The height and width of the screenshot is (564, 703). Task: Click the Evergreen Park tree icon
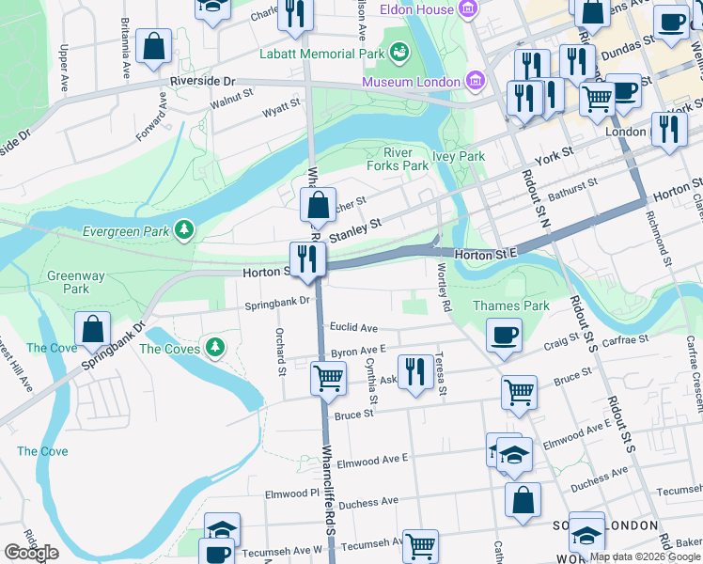[186, 229]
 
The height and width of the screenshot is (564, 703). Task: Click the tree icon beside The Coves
[217, 348]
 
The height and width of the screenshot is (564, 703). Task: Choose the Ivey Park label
[458, 156]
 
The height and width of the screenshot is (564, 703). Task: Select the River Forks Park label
[405, 159]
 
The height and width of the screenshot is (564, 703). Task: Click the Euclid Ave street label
[353, 328]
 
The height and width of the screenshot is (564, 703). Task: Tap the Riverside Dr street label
[202, 82]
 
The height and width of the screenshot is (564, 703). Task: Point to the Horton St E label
[486, 255]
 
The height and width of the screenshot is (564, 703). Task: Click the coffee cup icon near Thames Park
[505, 334]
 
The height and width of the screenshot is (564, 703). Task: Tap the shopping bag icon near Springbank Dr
[93, 329]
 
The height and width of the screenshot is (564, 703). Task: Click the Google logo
[31, 553]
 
